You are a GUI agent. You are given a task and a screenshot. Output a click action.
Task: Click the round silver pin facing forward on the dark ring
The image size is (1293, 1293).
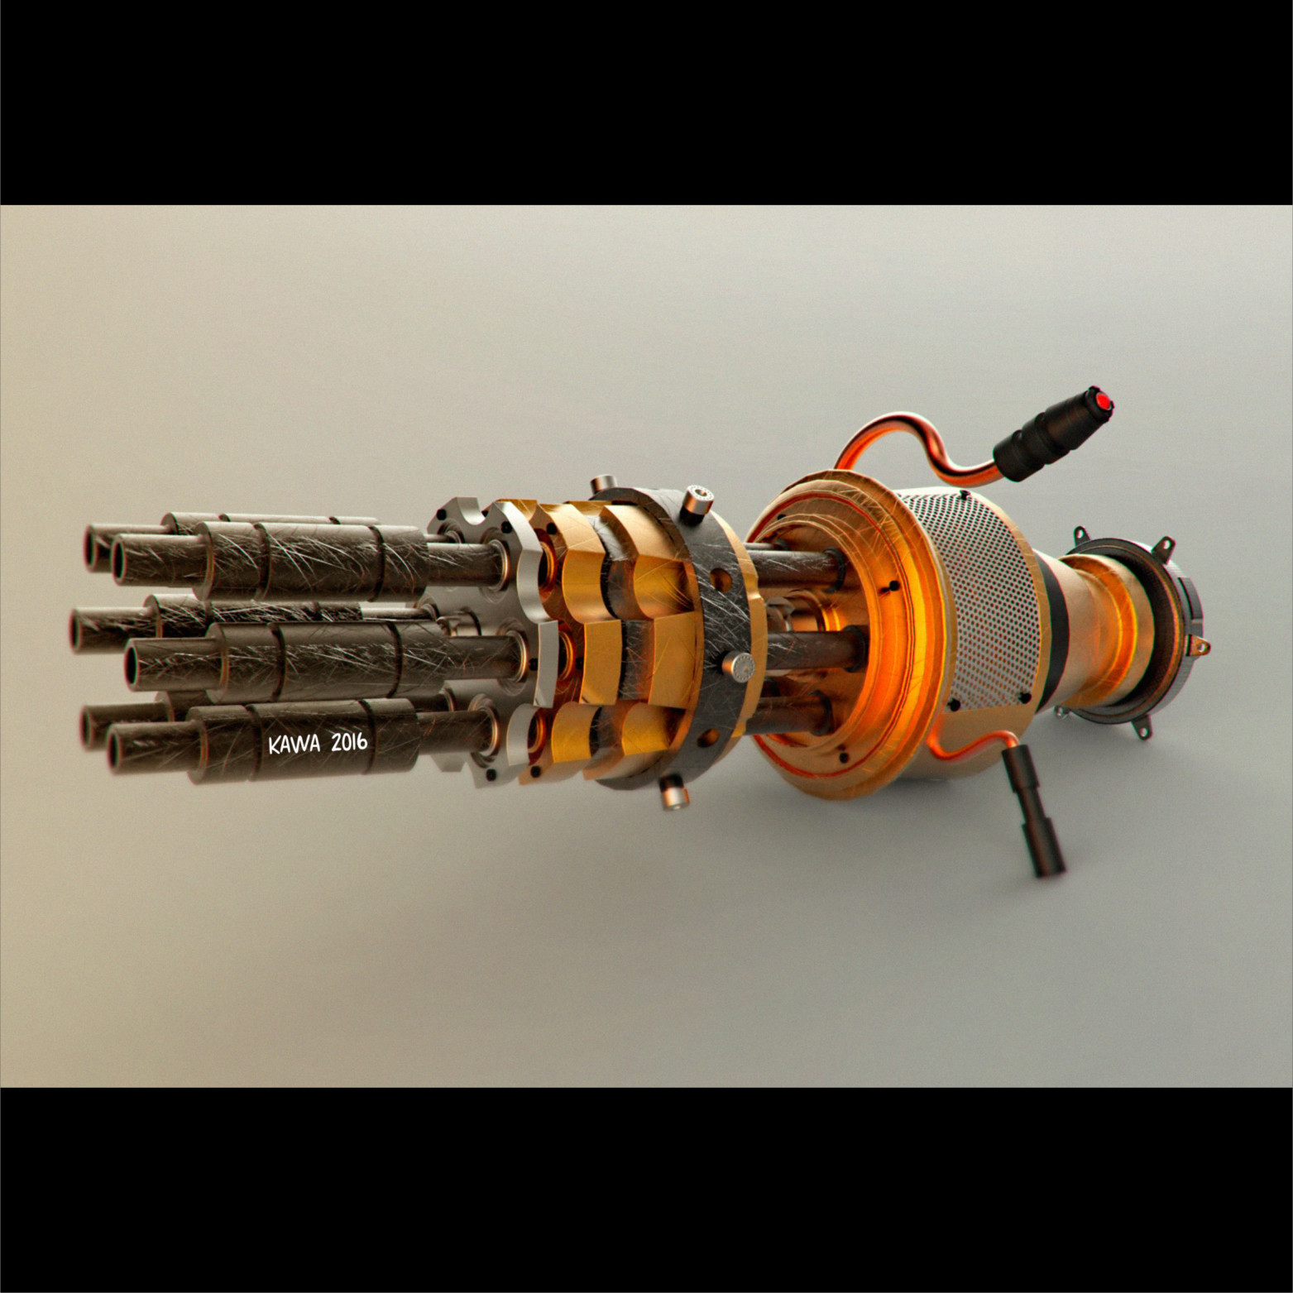click(x=739, y=664)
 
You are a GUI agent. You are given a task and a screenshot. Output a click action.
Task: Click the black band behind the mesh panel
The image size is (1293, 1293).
click(x=1049, y=629)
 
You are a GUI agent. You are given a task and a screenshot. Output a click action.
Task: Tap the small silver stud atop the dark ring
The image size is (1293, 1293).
click(x=603, y=482)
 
